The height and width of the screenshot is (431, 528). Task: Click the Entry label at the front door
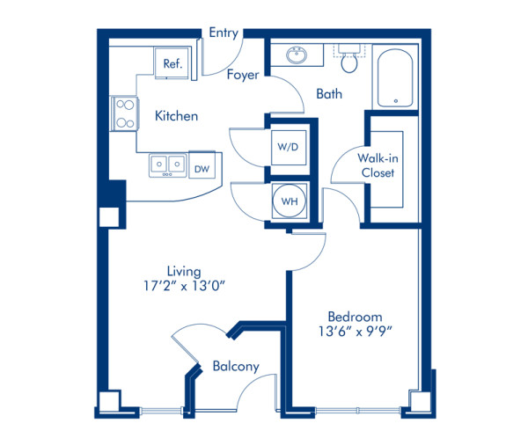coord(224,33)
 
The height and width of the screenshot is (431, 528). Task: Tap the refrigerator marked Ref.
coord(172,63)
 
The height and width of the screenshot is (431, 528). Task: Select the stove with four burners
coord(125,113)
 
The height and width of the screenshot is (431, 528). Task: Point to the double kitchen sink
coord(167,165)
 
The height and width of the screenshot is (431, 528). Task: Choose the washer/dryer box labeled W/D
coord(289,147)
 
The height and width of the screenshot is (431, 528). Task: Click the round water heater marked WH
coord(290,201)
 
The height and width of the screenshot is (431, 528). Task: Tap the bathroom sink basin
coord(297,55)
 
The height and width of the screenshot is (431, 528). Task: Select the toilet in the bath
coord(349,58)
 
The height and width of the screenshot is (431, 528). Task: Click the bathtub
coord(395,78)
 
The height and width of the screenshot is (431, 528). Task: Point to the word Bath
coord(329,93)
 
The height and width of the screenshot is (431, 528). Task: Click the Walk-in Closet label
coord(378,165)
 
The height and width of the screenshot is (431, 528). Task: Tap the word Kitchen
coord(176,116)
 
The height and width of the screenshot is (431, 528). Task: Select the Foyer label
coord(243,75)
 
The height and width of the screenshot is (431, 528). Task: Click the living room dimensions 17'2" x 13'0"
coord(184,287)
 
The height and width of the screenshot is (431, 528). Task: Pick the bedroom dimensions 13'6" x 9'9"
coord(356,332)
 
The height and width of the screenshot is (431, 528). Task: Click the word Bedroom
coord(355,317)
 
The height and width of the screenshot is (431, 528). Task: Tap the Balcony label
coord(236,366)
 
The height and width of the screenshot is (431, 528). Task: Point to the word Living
coord(184,272)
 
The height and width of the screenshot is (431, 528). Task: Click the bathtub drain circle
coord(396,100)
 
